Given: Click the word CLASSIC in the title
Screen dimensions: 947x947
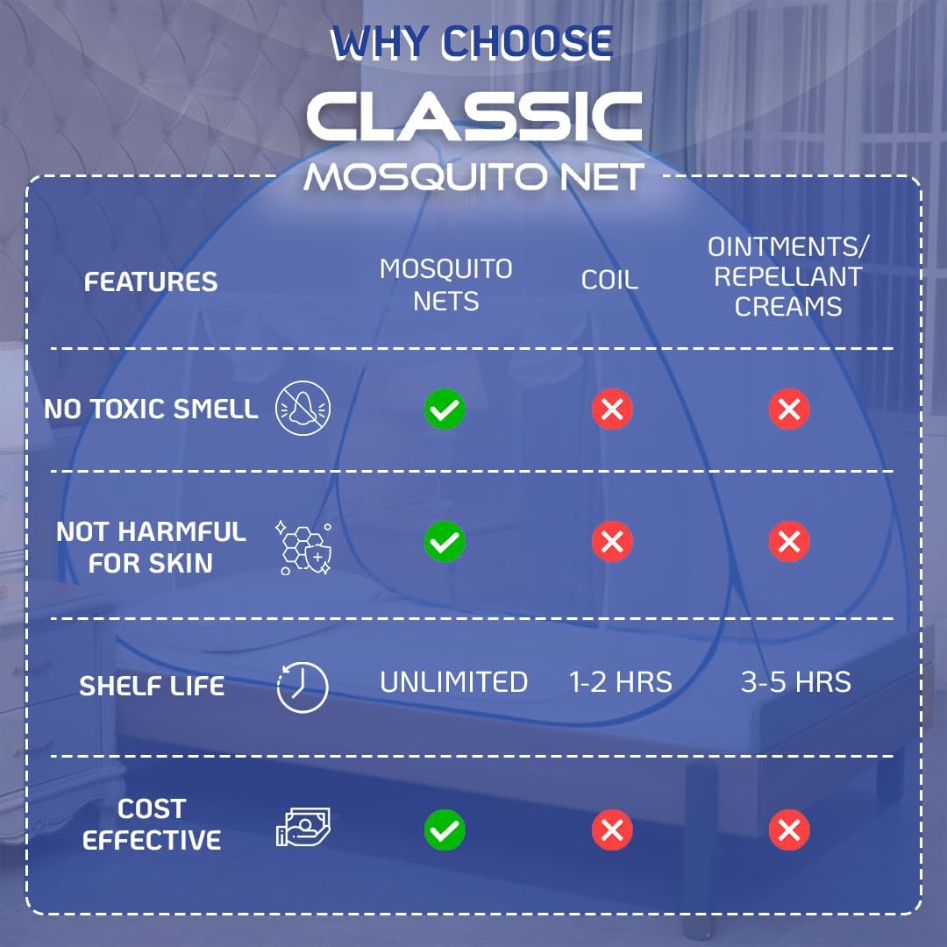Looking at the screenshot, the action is (474, 117).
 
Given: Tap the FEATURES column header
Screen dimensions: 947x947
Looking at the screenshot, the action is (151, 282).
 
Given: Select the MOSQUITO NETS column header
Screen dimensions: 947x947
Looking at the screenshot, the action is (445, 284).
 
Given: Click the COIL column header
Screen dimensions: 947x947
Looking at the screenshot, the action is (609, 280).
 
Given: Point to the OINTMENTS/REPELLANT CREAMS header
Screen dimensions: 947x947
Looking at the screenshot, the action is (788, 276).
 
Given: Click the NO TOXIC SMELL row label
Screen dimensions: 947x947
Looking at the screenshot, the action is (151, 409).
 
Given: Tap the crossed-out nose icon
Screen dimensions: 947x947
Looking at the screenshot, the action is (303, 408).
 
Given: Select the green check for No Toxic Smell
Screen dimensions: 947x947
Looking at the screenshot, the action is (445, 409).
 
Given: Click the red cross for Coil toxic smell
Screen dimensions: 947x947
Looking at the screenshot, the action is (612, 409).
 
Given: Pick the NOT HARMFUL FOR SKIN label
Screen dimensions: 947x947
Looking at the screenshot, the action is (151, 547).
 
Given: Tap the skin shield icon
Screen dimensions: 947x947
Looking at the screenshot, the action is (303, 547).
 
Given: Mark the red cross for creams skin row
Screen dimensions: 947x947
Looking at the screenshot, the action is (789, 541).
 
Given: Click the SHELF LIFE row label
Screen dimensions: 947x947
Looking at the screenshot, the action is (152, 686).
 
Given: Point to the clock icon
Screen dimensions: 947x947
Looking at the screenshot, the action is (303, 687).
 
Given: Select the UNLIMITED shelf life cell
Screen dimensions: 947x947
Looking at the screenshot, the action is (453, 682).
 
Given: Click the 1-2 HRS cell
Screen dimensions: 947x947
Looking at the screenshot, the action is (621, 682).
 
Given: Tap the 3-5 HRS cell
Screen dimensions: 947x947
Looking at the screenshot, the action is (796, 682).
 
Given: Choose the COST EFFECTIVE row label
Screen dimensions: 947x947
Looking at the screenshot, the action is (152, 824).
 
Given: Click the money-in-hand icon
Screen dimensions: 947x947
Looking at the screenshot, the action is (303, 827).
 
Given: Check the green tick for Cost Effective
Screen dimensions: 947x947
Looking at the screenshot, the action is (445, 830).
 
